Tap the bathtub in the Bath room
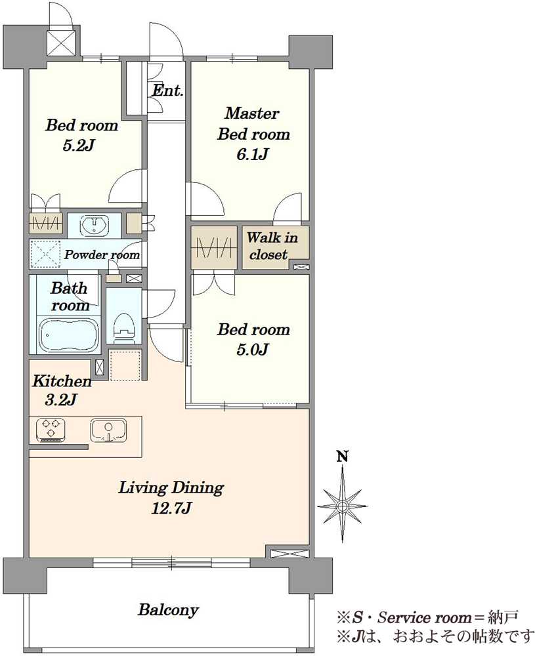(x=70, y=335)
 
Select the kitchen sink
(x=108, y=430)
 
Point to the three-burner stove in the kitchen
(x=51, y=430)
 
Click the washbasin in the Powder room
(x=94, y=226)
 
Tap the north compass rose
(x=343, y=505)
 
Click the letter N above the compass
(x=343, y=457)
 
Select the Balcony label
(x=168, y=609)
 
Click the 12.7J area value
(x=171, y=508)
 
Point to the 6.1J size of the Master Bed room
(x=253, y=155)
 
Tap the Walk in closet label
(x=272, y=246)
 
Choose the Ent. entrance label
(x=167, y=90)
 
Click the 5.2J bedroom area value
(x=78, y=146)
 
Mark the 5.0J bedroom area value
(x=253, y=350)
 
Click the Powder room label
(x=102, y=255)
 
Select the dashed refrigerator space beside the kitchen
(x=125, y=365)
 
